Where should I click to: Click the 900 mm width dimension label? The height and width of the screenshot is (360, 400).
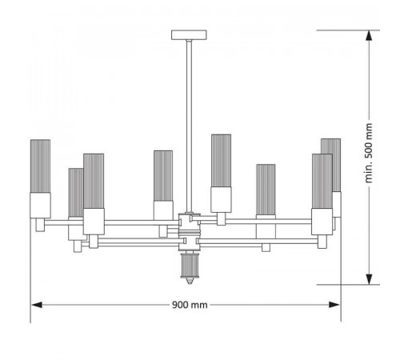tap(190, 305)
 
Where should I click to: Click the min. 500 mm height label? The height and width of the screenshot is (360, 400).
tap(369, 153)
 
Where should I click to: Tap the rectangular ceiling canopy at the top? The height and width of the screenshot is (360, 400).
tap(189, 35)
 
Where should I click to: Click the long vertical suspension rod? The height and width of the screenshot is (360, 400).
tap(189, 126)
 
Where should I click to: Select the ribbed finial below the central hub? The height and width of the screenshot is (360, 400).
tap(189, 266)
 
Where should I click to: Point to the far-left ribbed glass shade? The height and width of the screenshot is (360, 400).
tap(40, 166)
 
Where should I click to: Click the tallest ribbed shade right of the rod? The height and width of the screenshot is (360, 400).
tap(221, 161)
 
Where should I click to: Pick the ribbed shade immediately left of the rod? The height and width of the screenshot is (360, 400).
tap(163, 176)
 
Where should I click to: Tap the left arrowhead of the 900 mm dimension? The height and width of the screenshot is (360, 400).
tap(37, 305)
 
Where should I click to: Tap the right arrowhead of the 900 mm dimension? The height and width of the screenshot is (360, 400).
tap(334, 305)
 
